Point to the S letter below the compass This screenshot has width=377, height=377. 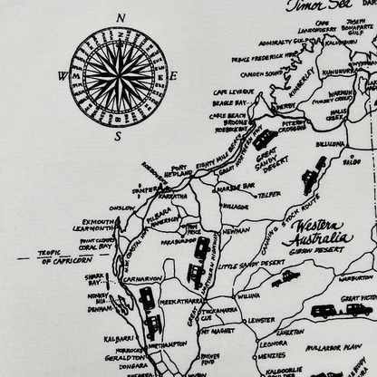pos(118,136)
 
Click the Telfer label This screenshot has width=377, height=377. pos(267,194)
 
